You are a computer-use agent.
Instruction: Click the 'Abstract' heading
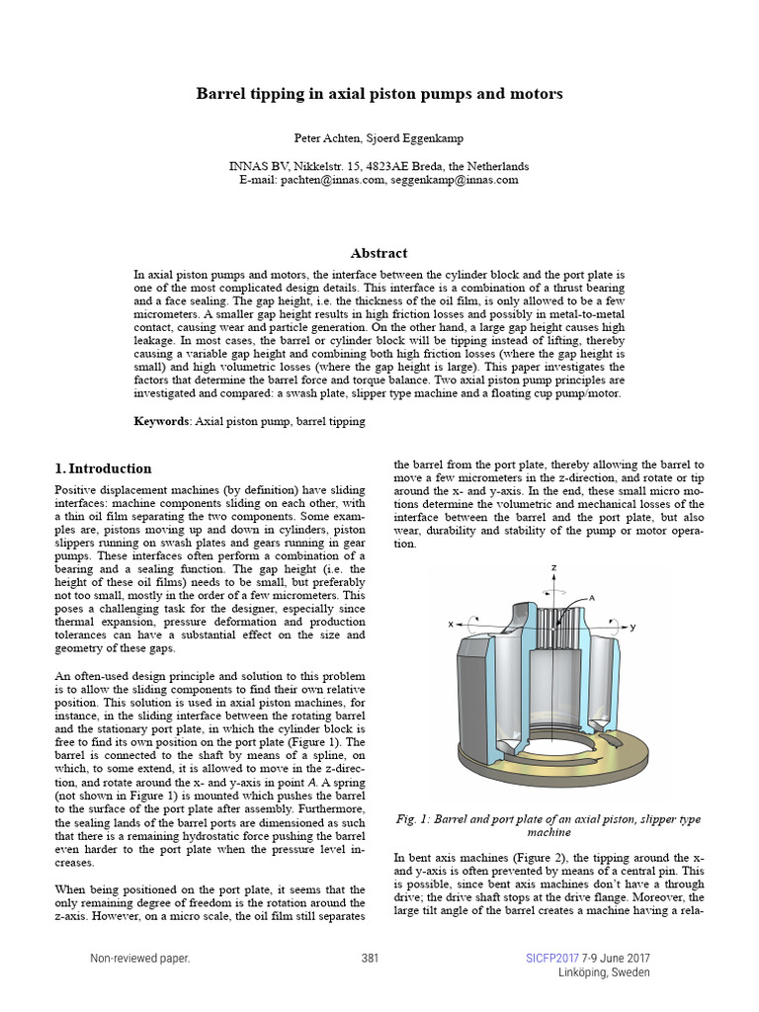pyautogui.click(x=379, y=253)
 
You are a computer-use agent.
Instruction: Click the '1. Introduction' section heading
pyautogui.click(x=104, y=468)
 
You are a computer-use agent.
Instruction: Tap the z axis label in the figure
pyautogui.click(x=555, y=568)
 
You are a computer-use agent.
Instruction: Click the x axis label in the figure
pyautogui.click(x=451, y=625)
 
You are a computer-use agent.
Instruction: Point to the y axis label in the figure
pyautogui.click(x=632, y=627)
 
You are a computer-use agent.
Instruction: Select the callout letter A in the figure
pyautogui.click(x=591, y=598)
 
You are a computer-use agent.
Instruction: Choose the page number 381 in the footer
pyautogui.click(x=371, y=959)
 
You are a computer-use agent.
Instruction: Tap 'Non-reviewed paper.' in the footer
pyautogui.click(x=139, y=959)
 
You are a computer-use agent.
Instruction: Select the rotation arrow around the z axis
pyautogui.click(x=554, y=586)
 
